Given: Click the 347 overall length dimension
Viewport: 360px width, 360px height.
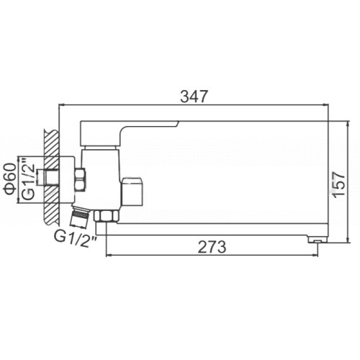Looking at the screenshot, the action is (x=194, y=96).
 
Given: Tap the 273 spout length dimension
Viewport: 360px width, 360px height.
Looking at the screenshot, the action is (x=212, y=247).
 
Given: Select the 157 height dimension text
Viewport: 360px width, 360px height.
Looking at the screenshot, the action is (x=339, y=184).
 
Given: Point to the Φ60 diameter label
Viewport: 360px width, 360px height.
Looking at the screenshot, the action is (x=10, y=179).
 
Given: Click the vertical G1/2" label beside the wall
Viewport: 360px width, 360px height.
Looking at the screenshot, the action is (x=28, y=179).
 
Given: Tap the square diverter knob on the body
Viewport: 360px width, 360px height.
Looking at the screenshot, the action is (x=132, y=192).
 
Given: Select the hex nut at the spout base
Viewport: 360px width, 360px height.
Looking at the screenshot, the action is (x=106, y=216).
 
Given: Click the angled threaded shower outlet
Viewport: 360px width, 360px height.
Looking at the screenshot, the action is (x=80, y=216).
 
